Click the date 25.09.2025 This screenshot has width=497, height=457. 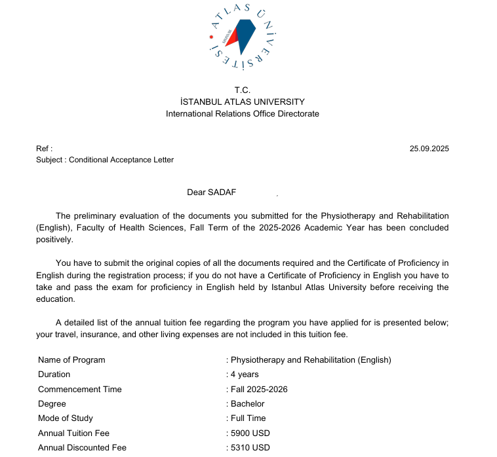coord(429,149)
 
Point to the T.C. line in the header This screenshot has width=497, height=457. coord(243,90)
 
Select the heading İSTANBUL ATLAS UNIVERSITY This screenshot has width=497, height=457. coord(243,101)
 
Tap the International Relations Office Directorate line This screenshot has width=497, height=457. coord(243,113)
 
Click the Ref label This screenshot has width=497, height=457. coord(44,149)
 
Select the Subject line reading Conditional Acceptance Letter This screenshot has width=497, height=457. coord(105,160)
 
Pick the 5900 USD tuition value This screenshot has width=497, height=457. coord(250,433)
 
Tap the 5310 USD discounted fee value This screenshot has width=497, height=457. coord(250,448)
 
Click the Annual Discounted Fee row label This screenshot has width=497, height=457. coord(82,448)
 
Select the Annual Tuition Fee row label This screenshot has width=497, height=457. coord(73,433)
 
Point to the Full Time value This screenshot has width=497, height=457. coord(248,418)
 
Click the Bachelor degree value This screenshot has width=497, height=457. coord(247,404)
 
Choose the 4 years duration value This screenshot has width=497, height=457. coord(245,375)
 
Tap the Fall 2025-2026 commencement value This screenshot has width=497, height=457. coord(259,389)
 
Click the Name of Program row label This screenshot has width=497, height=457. coord(71,359)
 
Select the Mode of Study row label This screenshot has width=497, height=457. coord(66,418)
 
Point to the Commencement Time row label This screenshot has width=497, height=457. coord(80,389)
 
